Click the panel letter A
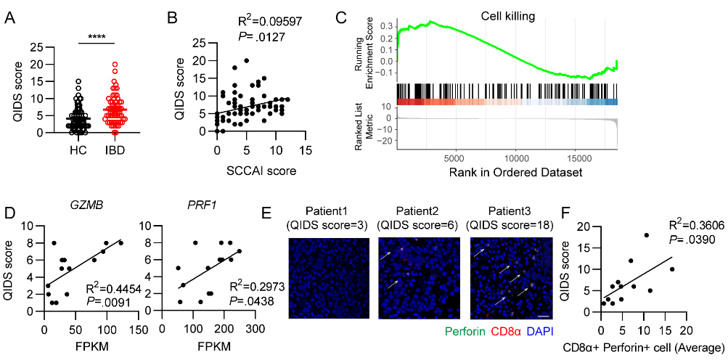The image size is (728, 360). [x=11, y=15]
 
